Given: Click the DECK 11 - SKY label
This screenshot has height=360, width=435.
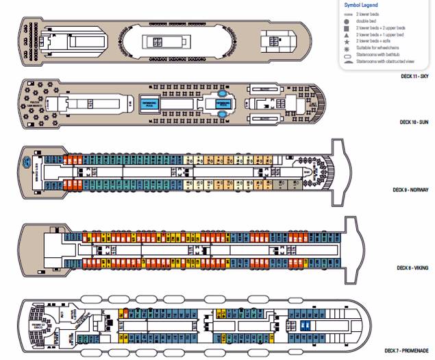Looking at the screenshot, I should tap(416, 75).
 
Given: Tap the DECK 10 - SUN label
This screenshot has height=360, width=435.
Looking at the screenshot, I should tap(416, 122).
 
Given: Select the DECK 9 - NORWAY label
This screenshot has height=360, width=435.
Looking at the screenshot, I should tap(410, 189).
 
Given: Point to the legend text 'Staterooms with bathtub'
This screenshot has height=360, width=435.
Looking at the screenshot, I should tap(379, 54).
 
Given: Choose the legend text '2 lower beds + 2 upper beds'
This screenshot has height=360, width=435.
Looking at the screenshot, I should tap(381, 27).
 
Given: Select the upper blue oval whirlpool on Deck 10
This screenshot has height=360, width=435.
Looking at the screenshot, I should tap(222, 95).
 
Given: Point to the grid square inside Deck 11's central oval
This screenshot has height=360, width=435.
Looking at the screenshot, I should tap(157, 42).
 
